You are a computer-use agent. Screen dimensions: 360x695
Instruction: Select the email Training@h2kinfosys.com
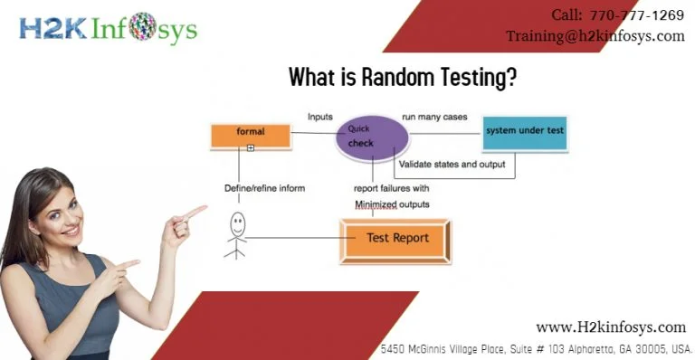coord(595,36)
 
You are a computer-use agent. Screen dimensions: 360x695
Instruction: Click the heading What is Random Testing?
coord(403,78)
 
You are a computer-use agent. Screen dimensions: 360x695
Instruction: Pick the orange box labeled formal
coord(251,135)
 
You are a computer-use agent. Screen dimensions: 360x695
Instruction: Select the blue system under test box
coord(524,132)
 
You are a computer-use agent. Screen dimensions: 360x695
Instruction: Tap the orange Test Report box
coord(395,239)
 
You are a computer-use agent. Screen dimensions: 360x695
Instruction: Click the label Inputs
coord(320,117)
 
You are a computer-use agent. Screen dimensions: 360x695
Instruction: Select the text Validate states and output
coord(452,165)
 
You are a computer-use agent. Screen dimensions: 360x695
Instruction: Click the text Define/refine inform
coord(264,188)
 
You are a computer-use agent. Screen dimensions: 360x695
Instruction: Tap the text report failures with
coord(391,188)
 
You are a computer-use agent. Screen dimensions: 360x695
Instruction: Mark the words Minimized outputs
coord(392,204)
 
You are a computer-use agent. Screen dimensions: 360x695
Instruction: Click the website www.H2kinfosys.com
coord(611,327)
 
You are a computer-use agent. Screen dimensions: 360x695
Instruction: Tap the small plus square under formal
coord(251,147)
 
